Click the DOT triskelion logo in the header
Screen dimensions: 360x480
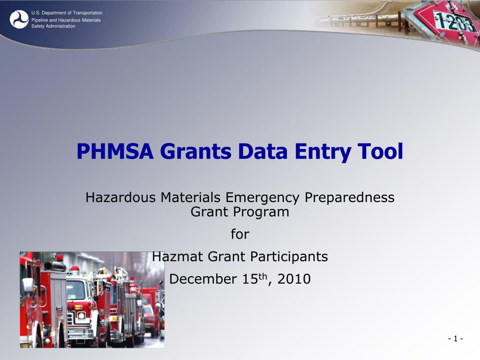pos(19,19)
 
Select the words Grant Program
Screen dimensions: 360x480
pos(240,212)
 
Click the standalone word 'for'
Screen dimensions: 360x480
pos(240,234)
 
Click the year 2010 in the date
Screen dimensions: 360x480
pos(294,279)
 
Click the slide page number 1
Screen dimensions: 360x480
pos(455,339)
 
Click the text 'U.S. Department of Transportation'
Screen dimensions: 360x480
pos(67,13)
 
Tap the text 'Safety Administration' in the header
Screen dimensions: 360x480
pos(53,26)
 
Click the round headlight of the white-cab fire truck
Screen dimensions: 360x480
pos(82,315)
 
